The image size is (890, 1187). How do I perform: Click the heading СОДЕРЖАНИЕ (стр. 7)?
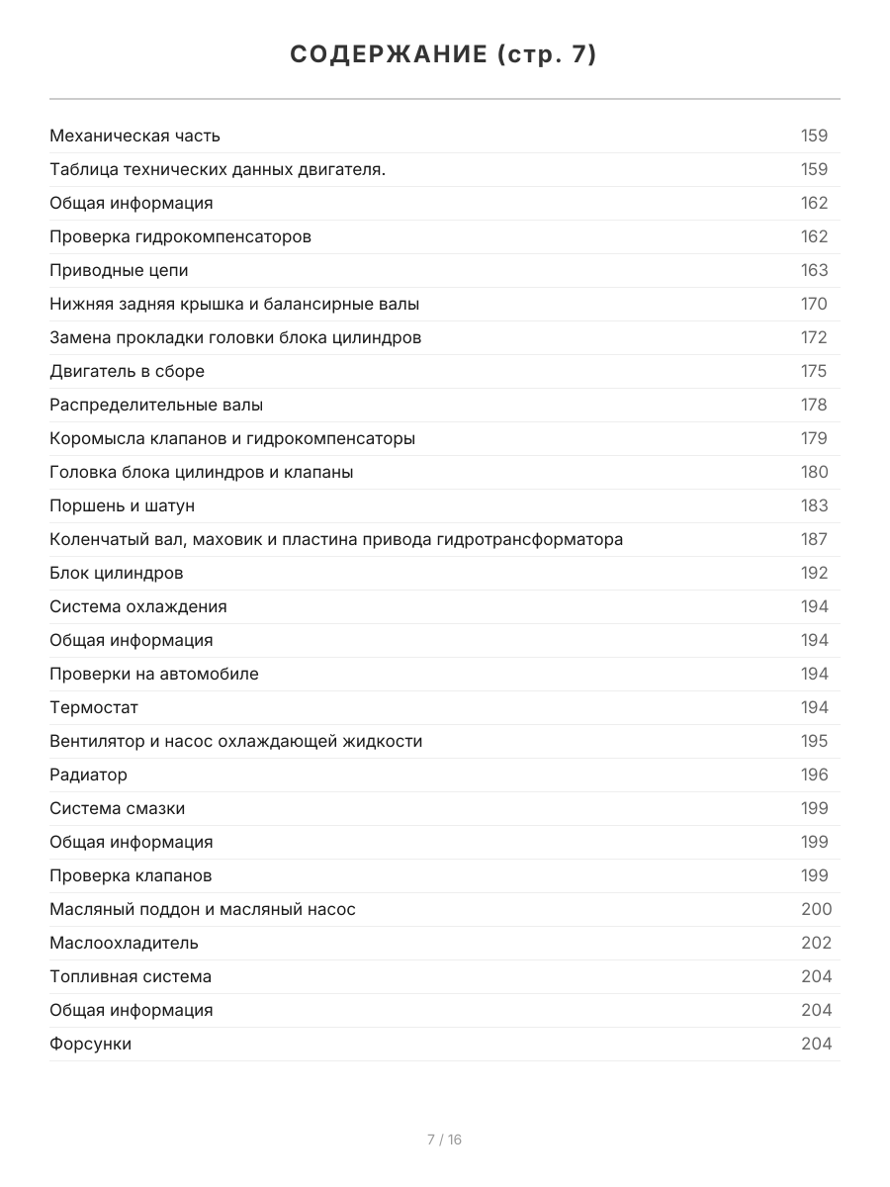pos(444,54)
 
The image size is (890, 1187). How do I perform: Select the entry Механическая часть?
pos(134,136)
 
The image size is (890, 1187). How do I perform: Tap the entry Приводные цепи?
pos(119,270)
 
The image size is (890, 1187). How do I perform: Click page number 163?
pos(814,270)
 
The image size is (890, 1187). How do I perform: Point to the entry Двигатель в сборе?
pos(127,371)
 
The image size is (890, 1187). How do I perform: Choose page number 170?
pos(814,304)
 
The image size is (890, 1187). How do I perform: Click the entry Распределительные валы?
pos(156,405)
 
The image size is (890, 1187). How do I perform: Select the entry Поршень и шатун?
pos(122,505)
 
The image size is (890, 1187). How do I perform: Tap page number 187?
pos(814,539)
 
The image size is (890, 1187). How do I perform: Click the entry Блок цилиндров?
pos(116,573)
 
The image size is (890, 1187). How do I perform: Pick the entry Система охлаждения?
pos(137,606)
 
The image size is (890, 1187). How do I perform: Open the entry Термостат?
pos(94,707)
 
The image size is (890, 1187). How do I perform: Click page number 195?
pos(814,741)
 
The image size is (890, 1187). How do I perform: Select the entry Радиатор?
pos(88,775)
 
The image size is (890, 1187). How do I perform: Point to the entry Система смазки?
pos(117,808)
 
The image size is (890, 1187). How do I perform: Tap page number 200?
pos(816,909)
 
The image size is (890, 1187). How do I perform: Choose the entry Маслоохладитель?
pos(124,943)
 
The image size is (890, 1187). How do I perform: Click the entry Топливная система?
pos(131,976)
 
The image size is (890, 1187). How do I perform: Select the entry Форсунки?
pos(90,1044)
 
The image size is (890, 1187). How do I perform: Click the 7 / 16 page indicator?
pos(444,1140)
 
